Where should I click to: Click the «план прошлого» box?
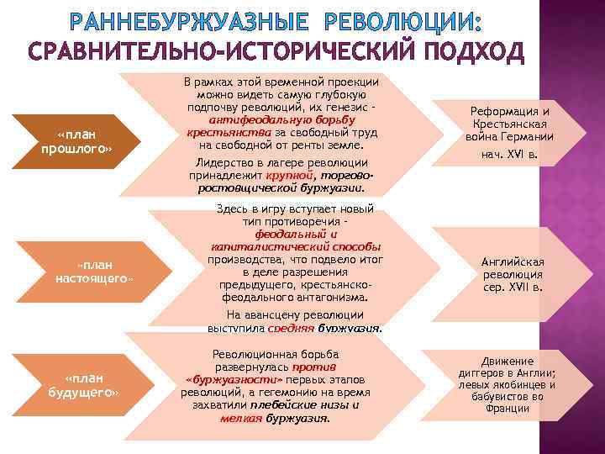(76, 141)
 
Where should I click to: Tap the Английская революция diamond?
(512, 274)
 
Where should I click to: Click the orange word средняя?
(292, 328)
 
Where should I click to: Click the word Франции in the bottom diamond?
(507, 409)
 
